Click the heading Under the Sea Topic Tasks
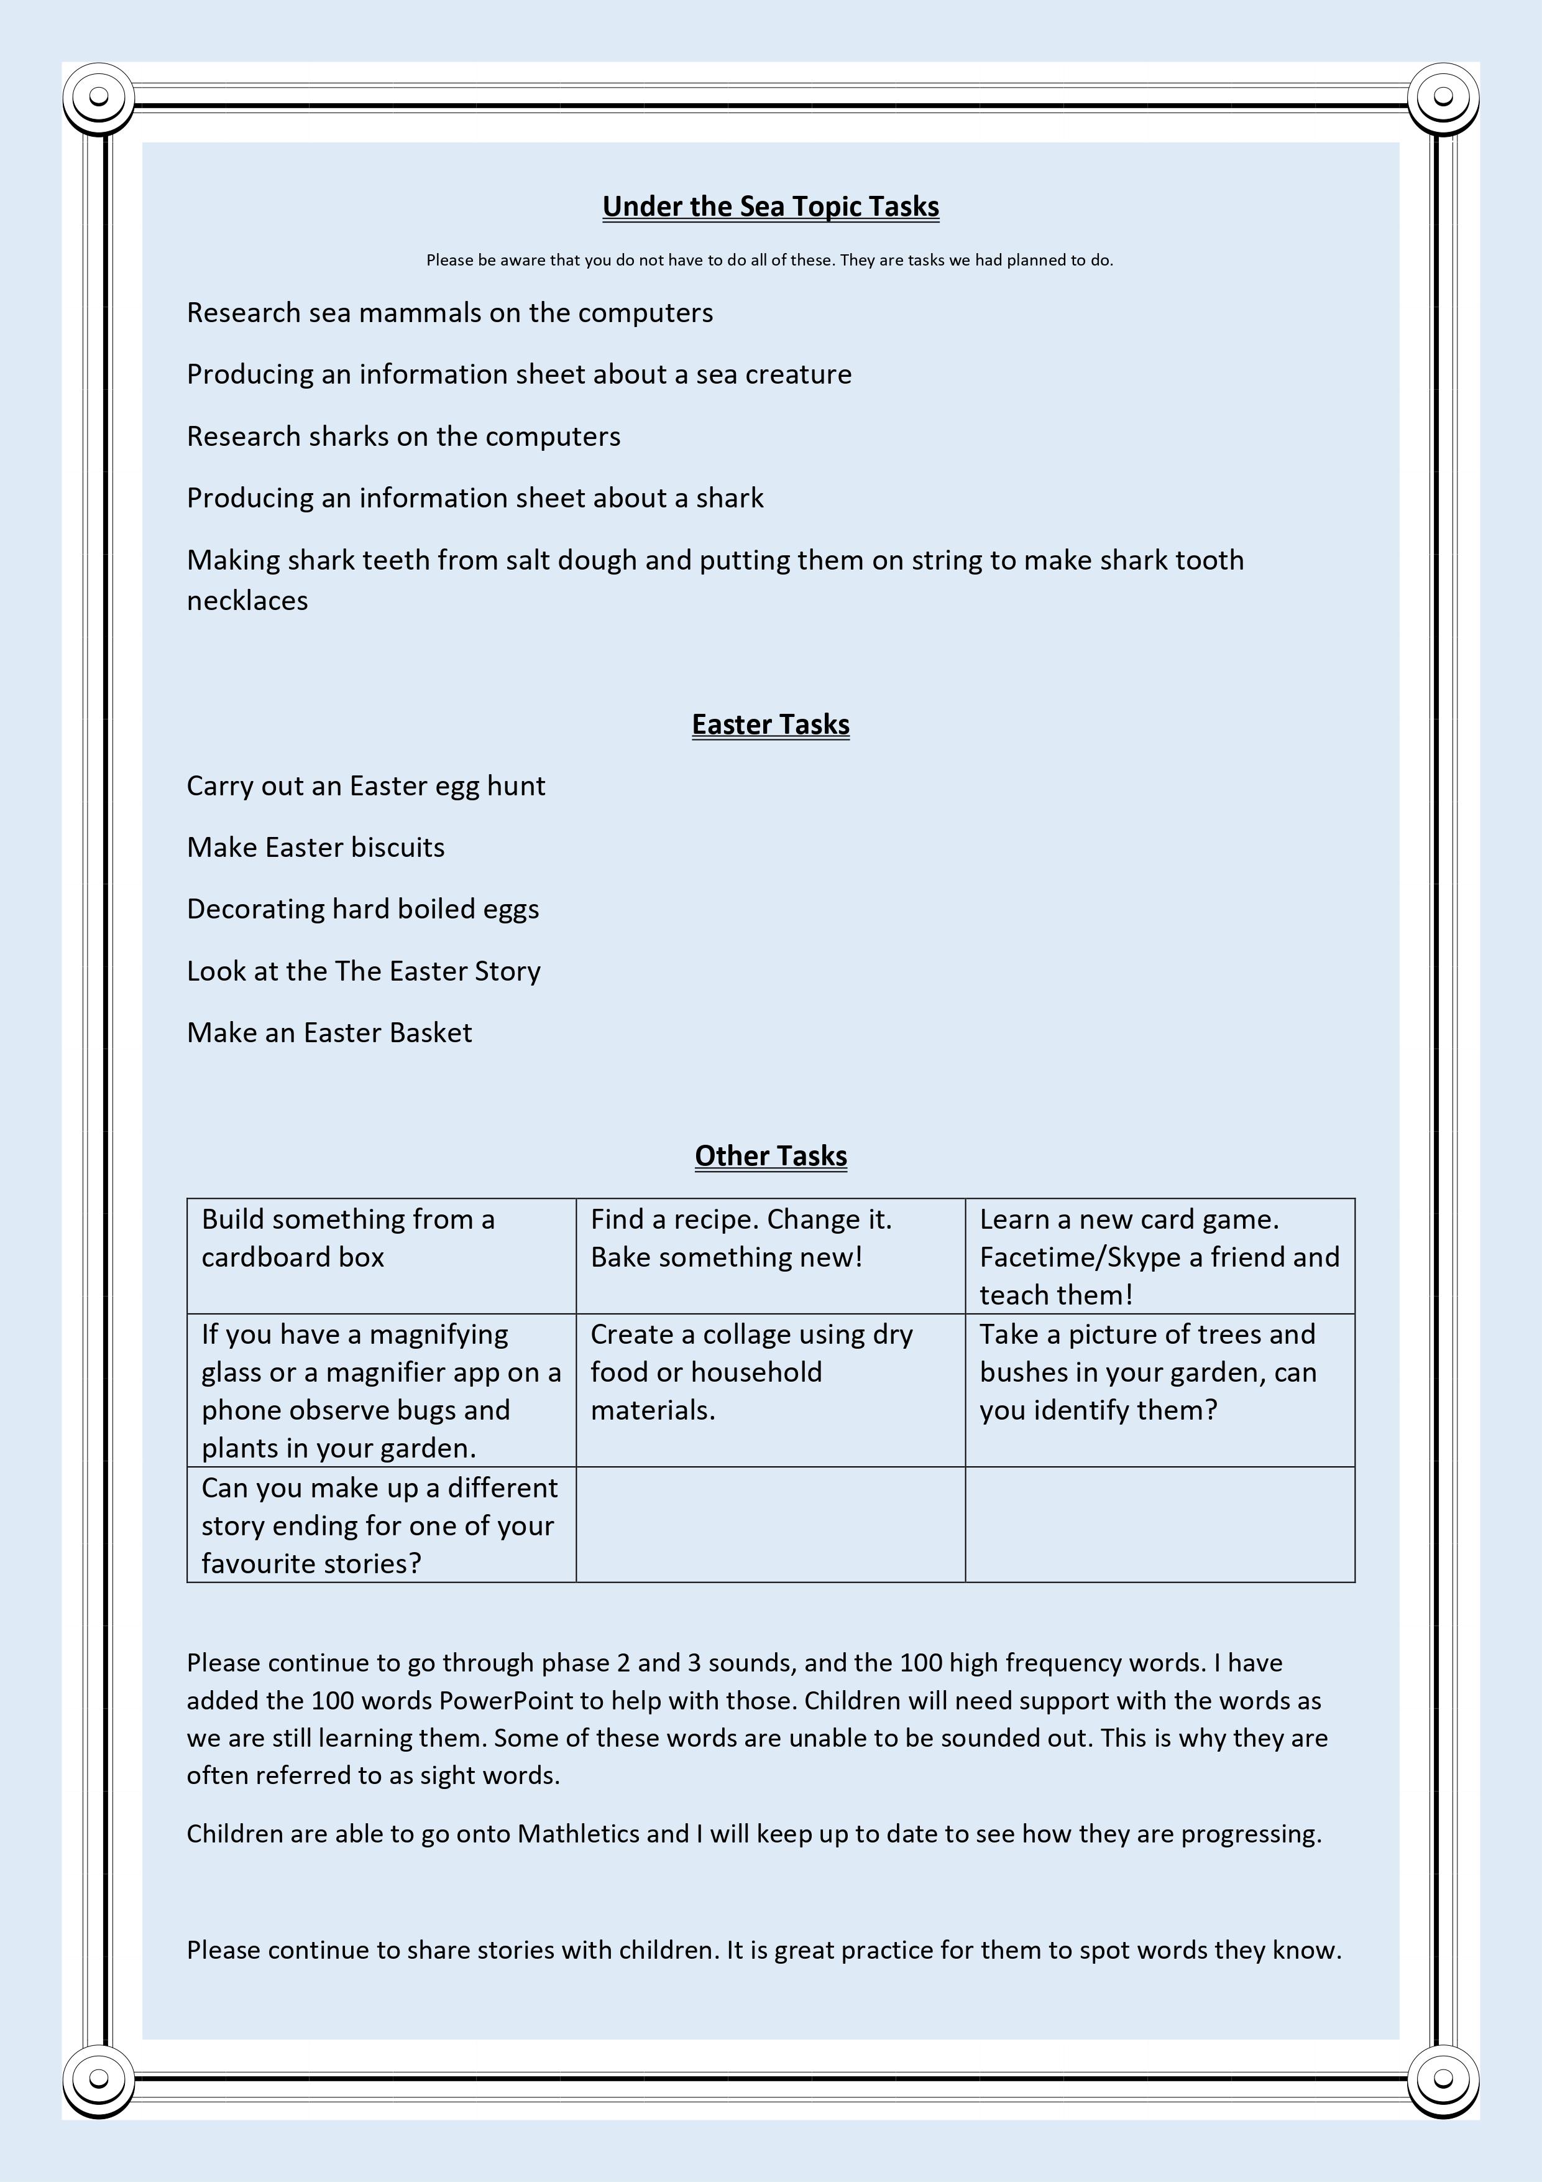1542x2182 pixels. pyautogui.click(x=771, y=206)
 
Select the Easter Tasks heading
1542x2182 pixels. pyautogui.click(x=771, y=724)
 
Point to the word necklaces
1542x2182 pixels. pyautogui.click(x=247, y=601)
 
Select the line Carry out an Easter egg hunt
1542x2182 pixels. pyautogui.click(x=366, y=786)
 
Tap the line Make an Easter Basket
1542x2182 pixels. pyautogui.click(x=329, y=1032)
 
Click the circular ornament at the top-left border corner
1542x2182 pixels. pyautogui.click(x=99, y=97)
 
